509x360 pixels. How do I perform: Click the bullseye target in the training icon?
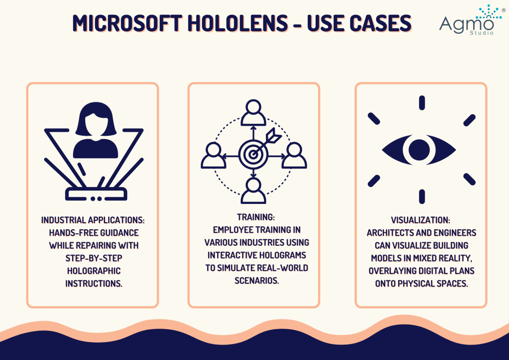253,154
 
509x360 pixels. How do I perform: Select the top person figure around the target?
254,112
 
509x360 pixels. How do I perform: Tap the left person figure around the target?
213,155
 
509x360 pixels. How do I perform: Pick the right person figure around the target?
294,155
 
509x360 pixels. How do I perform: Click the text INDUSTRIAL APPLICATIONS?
92,219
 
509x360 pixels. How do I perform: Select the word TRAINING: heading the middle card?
254,217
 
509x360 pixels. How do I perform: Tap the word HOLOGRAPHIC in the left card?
93,271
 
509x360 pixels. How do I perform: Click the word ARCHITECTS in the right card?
389,232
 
